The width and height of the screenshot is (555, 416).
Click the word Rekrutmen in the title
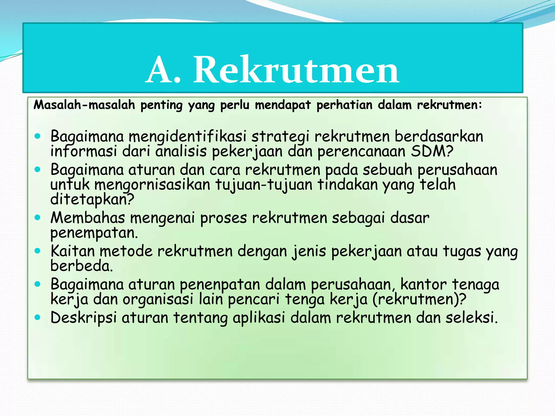coord(296,70)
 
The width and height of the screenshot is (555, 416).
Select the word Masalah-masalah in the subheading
coord(84,105)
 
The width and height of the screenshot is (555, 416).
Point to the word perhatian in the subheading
coord(344,105)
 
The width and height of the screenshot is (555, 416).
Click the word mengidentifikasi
coord(188,136)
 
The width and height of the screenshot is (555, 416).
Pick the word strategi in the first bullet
coord(280,136)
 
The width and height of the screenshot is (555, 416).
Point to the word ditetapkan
coord(92,199)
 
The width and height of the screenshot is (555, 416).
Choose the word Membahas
coord(88,218)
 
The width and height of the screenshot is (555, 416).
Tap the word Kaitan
coord(73,251)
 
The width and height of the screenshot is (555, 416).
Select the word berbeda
coord(81,266)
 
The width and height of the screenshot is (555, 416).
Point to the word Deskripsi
coord(83,317)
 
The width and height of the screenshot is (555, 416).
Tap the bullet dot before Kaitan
coord(37,251)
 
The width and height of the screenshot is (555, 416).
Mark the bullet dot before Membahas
coord(37,217)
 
